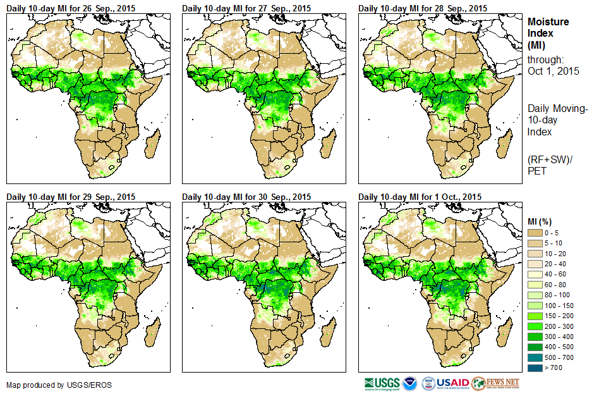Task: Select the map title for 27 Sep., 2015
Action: [x=247, y=8]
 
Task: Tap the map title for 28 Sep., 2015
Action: [x=423, y=8]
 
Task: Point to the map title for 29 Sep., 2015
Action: [x=71, y=197]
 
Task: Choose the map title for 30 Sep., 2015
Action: [x=247, y=197]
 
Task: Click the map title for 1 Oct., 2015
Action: [x=420, y=197]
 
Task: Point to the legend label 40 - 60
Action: [x=558, y=275]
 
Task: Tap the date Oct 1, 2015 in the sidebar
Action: [x=554, y=71]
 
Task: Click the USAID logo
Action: [x=452, y=383]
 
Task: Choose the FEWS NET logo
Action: [x=495, y=383]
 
